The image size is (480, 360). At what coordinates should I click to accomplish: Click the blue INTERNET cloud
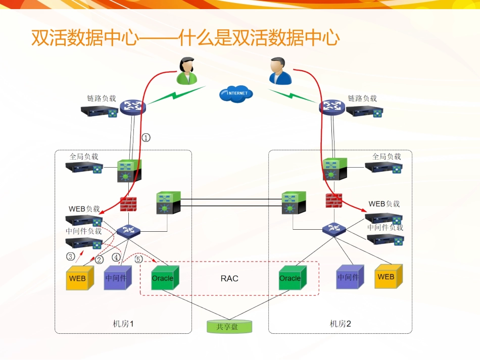pyautogui.click(x=236, y=93)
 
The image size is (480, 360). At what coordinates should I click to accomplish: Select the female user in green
pyautogui.click(x=186, y=71)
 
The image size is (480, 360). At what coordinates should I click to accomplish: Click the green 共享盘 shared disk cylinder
pyautogui.click(x=229, y=326)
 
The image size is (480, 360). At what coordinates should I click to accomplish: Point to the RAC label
pyautogui.click(x=229, y=278)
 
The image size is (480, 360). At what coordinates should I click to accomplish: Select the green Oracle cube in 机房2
pyautogui.click(x=292, y=278)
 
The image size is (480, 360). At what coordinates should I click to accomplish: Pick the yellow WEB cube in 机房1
pyautogui.click(x=79, y=278)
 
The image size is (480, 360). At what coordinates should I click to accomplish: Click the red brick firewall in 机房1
pyautogui.click(x=129, y=203)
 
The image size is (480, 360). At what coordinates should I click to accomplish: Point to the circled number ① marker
pyautogui.click(x=146, y=137)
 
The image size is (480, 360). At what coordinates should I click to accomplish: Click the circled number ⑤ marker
pyautogui.click(x=138, y=259)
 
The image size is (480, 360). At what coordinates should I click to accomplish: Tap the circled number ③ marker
pyautogui.click(x=71, y=256)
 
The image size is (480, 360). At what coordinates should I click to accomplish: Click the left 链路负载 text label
pyautogui.click(x=102, y=98)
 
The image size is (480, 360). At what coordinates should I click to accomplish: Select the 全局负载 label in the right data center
pyautogui.click(x=387, y=157)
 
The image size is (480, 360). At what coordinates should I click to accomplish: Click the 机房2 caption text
pyautogui.click(x=340, y=324)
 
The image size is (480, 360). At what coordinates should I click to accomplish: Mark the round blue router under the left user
pyautogui.click(x=133, y=106)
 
